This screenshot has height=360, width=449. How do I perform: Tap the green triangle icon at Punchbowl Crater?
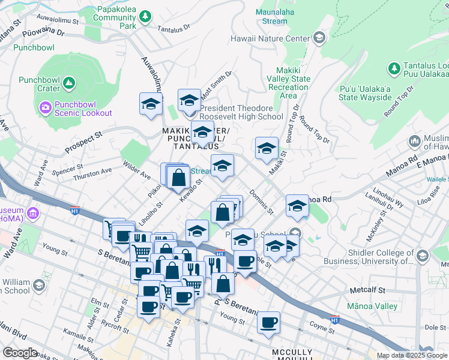[x=69, y=82]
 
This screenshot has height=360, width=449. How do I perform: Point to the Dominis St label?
[x=262, y=203]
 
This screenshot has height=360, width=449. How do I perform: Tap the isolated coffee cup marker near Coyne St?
[x=268, y=322]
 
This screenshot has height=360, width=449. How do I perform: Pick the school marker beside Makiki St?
[x=267, y=149]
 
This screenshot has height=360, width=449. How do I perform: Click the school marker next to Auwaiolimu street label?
[x=151, y=103]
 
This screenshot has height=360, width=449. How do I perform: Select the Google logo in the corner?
[x=20, y=353]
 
